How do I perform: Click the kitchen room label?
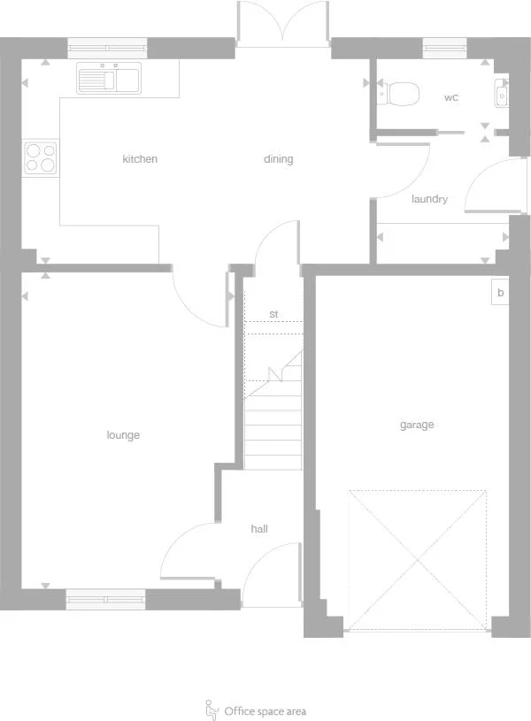coord(140,159)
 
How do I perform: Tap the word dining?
coord(278,159)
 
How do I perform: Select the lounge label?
coord(123,435)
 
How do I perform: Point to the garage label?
coord(417,425)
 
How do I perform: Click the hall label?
coord(259,529)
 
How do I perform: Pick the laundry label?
coord(429,199)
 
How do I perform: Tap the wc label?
coord(451,97)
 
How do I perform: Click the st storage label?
coord(273,314)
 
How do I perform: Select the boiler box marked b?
coord(500,293)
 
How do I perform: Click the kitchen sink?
coord(110,79)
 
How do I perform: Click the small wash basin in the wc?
coord(502,91)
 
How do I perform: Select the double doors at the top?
coord(282,23)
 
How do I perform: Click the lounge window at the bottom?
coord(105,600)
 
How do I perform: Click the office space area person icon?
coord(212,709)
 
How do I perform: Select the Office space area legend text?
coord(265,711)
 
